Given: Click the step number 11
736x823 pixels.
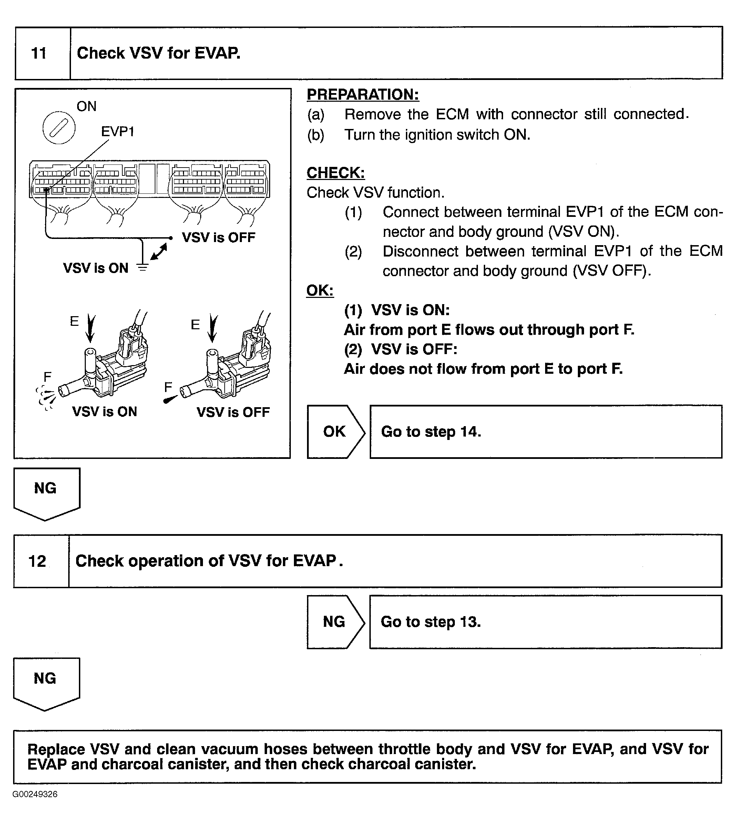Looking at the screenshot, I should [x=39, y=53].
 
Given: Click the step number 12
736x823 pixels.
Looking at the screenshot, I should [x=37, y=561].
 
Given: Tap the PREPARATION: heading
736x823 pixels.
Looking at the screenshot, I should [x=363, y=95].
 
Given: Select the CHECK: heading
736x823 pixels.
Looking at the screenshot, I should [x=336, y=173].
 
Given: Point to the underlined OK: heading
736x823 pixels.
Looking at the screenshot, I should [x=320, y=291].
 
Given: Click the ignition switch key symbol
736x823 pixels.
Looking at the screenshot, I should [x=59, y=128].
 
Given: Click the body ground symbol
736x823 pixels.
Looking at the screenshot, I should [x=142, y=267].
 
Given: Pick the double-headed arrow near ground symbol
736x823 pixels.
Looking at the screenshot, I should [x=159, y=252].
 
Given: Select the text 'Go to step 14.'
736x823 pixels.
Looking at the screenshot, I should [x=431, y=432].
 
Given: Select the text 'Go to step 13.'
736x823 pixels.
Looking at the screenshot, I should [x=431, y=622].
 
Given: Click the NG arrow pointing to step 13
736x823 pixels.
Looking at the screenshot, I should [x=335, y=622].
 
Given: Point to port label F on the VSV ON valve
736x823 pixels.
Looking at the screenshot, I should [x=47, y=377].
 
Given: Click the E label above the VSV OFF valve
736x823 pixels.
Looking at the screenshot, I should [x=195, y=324].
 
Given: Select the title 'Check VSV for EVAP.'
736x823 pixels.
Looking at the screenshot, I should [x=159, y=53].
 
